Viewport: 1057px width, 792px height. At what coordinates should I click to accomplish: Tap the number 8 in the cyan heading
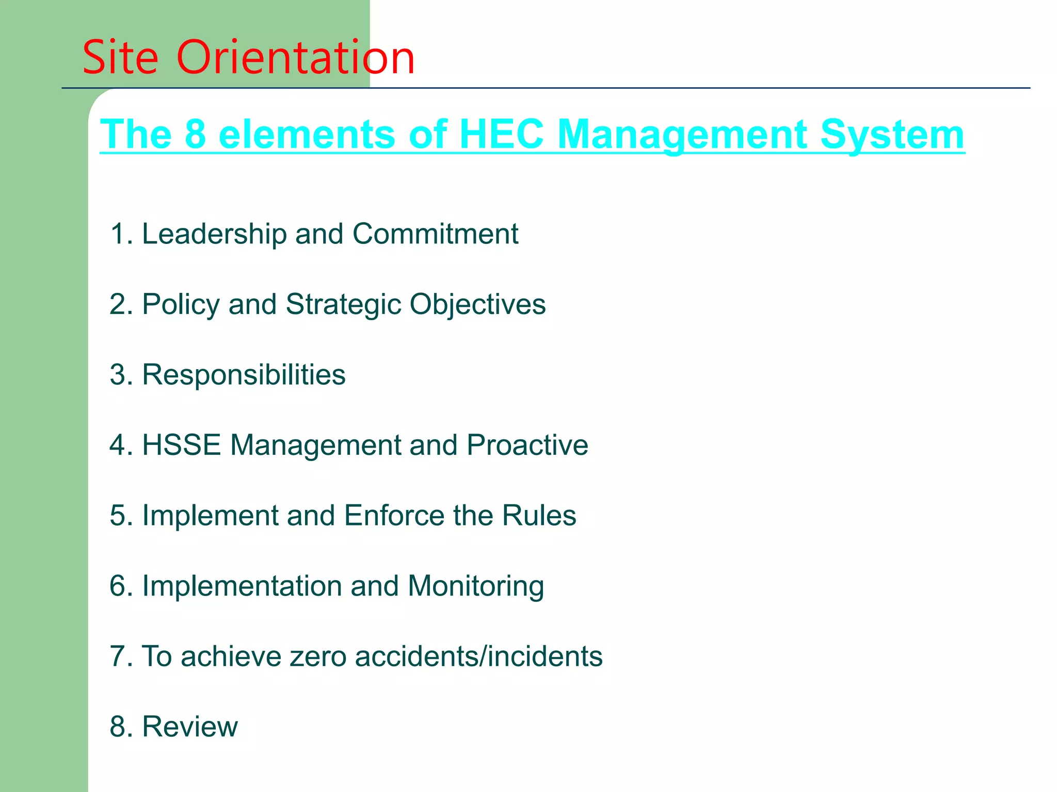coord(195,134)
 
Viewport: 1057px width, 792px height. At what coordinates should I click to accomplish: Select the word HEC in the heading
coord(501,134)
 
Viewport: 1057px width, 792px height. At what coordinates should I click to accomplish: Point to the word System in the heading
coord(892,135)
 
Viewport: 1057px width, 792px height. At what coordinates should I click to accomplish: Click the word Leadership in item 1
coord(214,234)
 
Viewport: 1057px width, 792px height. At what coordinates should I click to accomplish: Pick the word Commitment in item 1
coord(435,234)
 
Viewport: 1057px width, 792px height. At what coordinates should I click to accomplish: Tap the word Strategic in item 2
coord(343,305)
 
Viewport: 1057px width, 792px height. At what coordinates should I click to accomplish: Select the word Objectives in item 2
coord(477,305)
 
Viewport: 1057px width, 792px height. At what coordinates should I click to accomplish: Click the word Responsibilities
coord(244,375)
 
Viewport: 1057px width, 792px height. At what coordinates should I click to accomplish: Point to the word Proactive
coord(527,445)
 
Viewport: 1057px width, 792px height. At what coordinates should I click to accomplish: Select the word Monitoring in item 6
coord(475,587)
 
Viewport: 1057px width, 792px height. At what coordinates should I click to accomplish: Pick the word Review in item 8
coord(190,727)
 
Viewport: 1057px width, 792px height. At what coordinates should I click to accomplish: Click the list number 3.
coord(118,375)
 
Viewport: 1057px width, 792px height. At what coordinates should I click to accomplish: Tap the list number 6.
coord(118,586)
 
